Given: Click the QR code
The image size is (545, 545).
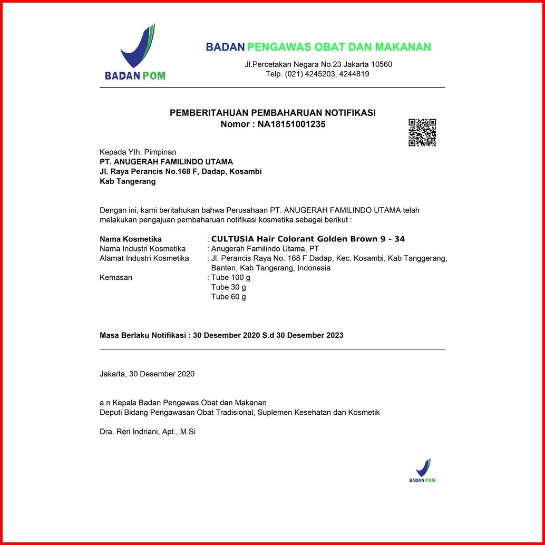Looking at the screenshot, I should pos(422,132).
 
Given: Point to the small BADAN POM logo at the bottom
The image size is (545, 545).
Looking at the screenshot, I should pos(422,470).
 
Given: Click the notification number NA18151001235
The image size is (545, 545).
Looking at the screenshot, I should pos(291,124).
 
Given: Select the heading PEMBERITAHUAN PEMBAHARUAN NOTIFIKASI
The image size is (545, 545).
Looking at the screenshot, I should pos(272,113).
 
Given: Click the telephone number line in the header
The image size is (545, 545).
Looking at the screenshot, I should pos(317,74).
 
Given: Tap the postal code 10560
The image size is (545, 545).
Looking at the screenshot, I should pos(379,64).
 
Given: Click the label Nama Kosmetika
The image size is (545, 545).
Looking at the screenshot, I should pos(131,239).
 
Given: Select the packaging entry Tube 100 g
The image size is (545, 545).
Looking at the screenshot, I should pos(230,277).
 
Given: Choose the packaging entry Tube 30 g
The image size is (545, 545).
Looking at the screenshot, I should pos(228,287).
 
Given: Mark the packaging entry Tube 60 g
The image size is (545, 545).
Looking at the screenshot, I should pos(228,296).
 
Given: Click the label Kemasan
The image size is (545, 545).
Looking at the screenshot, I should pos(116,277).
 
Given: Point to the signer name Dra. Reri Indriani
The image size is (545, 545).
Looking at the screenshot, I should pos(148,431).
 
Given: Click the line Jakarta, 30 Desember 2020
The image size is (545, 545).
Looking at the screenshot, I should pos(147,374).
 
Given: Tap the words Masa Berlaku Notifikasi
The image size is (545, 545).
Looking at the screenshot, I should pos(143,335).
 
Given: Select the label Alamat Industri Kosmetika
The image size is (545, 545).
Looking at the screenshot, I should pos(144,258).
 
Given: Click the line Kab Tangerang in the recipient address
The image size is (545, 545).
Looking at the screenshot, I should pos(128,181).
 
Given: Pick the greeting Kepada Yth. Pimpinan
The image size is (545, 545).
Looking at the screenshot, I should pos(138,152).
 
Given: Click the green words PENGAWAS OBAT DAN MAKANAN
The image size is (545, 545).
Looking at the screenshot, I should pos(339,47).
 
